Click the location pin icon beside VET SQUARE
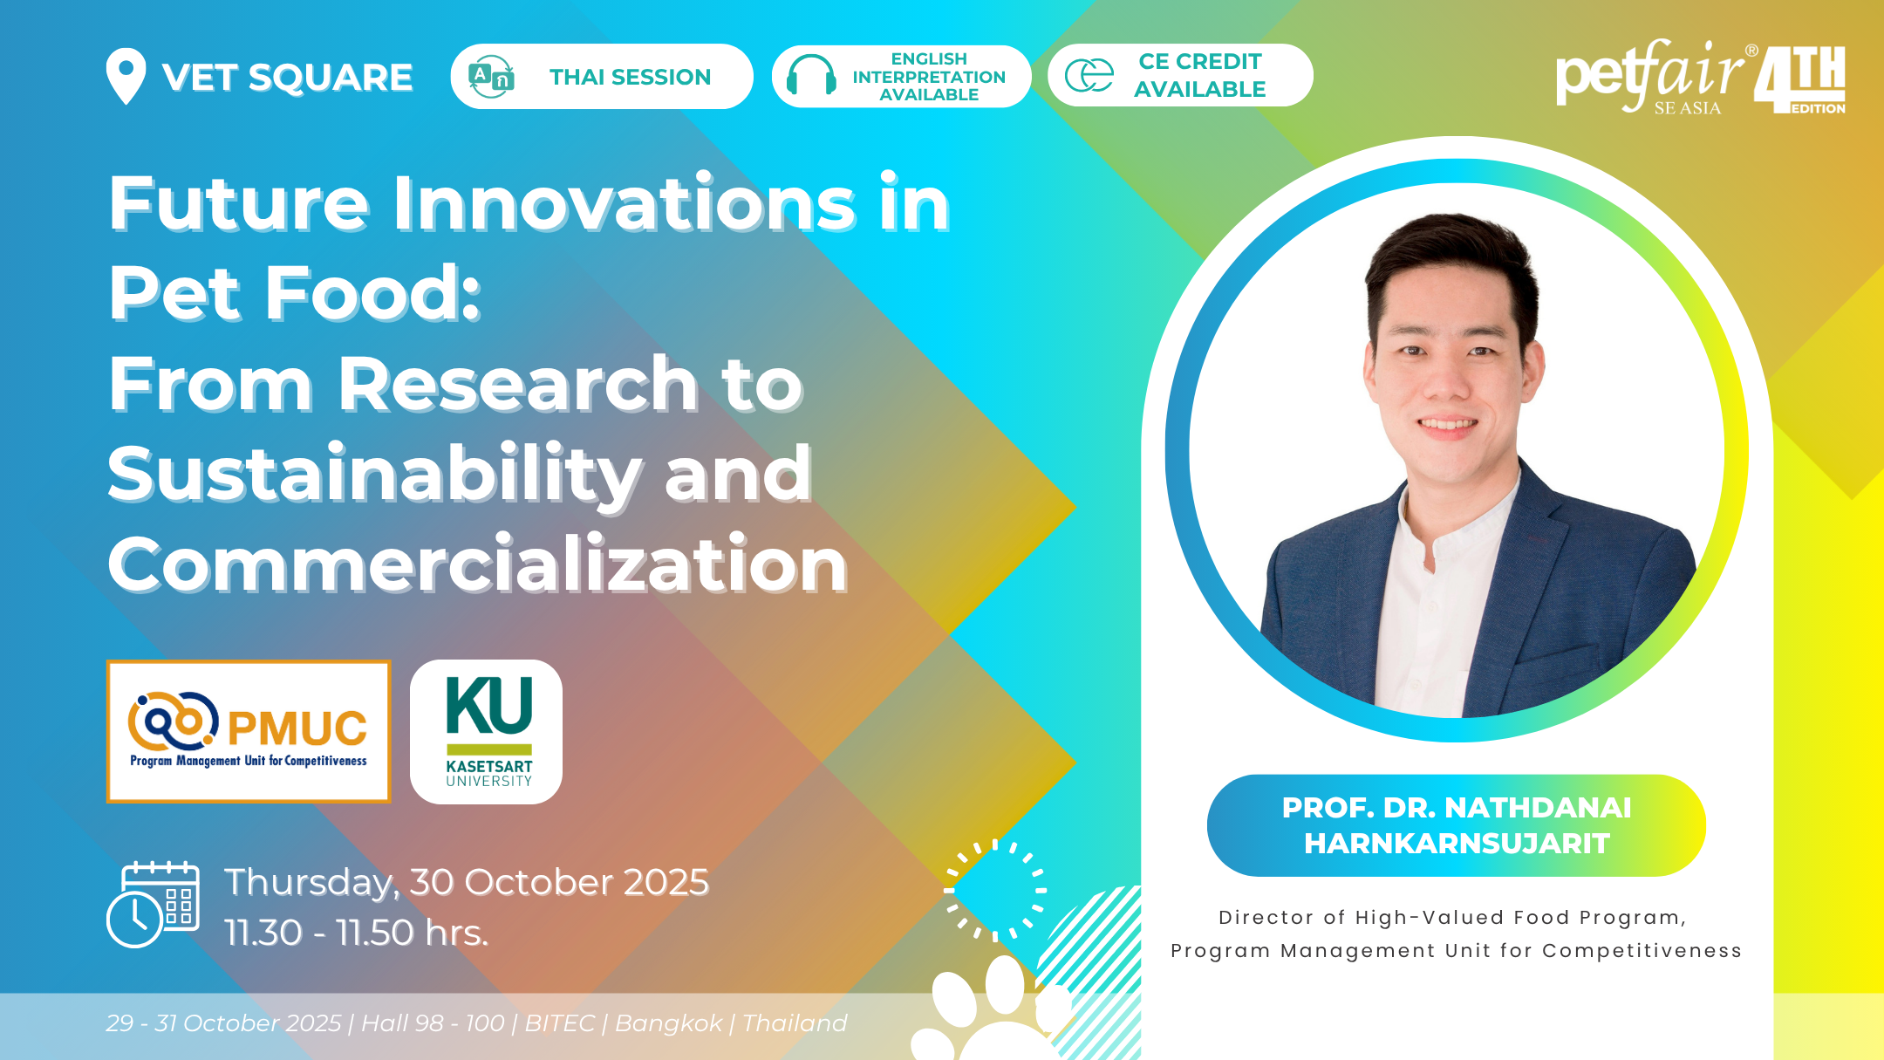[x=126, y=76]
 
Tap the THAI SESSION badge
[x=602, y=77]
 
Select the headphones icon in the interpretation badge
[x=811, y=76]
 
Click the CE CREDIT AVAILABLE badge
[x=1180, y=76]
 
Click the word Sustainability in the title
[x=372, y=475]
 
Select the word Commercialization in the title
[x=477, y=564]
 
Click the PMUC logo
[x=249, y=731]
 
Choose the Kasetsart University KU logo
[x=487, y=732]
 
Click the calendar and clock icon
[x=154, y=904]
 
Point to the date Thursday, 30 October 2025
[x=467, y=882]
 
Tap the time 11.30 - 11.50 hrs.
[x=356, y=933]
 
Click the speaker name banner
[x=1457, y=825]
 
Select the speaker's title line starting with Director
[x=1452, y=918]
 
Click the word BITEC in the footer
[x=559, y=1022]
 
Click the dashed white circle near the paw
[x=995, y=891]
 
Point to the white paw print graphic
[x=994, y=1012]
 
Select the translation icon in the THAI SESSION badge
[x=491, y=77]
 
